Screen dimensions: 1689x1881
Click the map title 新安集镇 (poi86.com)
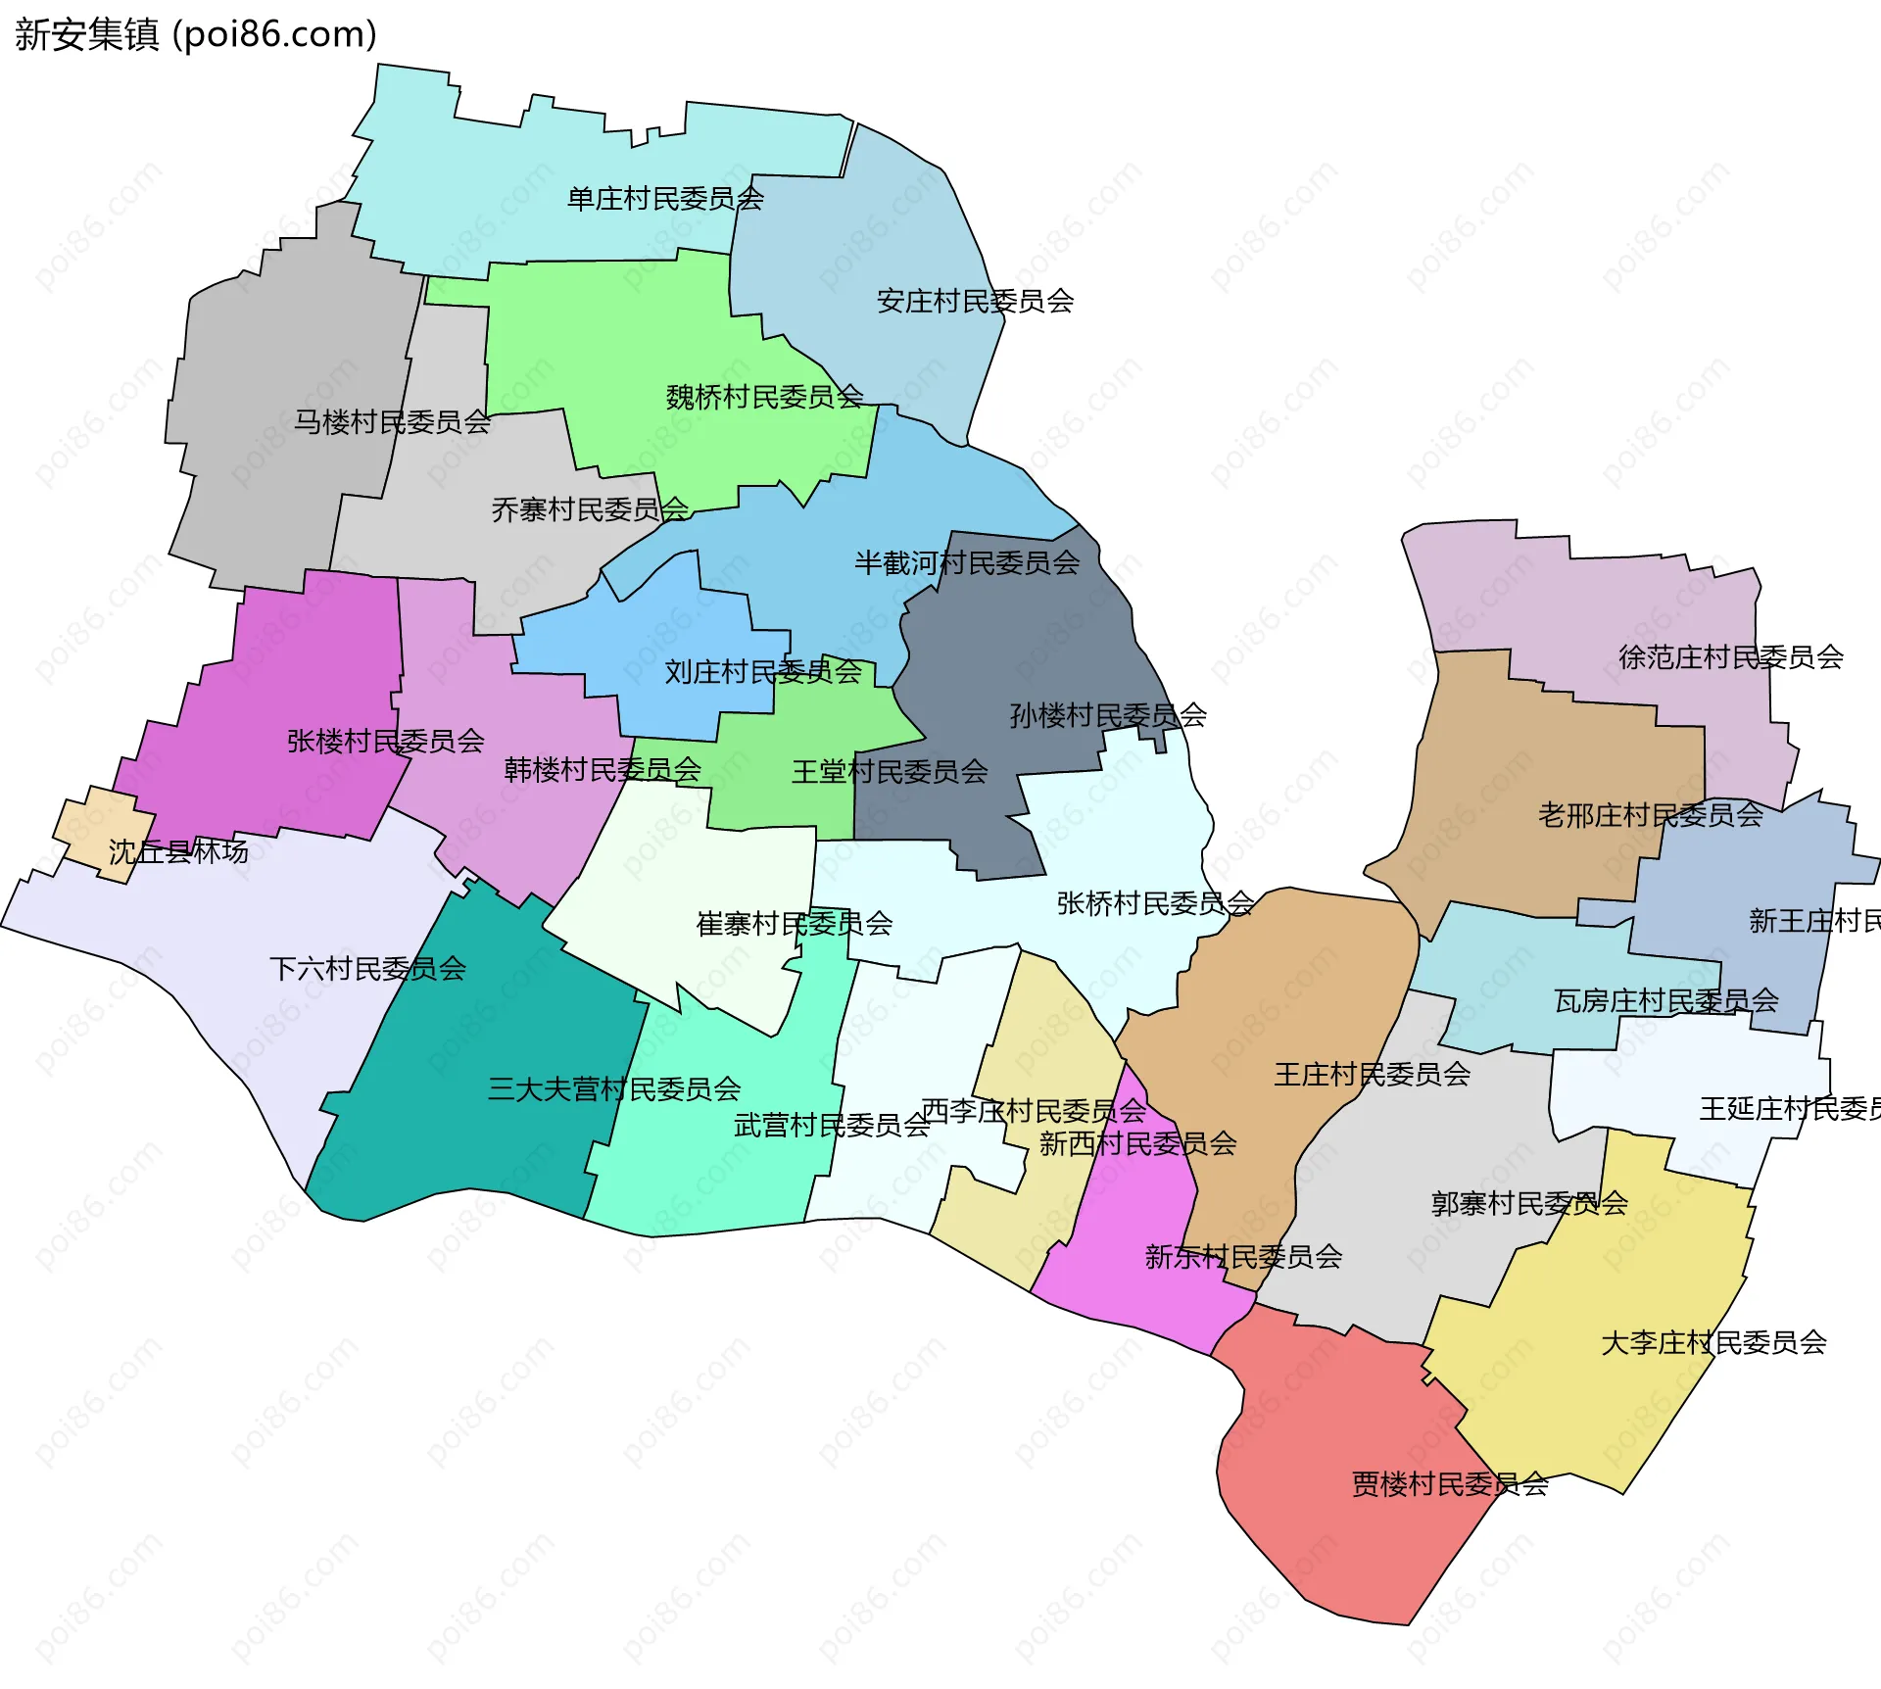coord(196,34)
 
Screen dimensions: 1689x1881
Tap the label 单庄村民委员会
coord(665,199)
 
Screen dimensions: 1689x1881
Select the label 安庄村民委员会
coord(975,301)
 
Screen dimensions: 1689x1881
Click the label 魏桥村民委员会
coord(764,397)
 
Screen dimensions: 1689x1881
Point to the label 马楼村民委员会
coord(392,422)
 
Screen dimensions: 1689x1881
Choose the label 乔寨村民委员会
coord(590,509)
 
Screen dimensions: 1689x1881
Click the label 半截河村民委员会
coord(967,562)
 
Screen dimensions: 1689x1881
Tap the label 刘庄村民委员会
coord(763,671)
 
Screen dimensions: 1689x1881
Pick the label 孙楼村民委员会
coord(1108,715)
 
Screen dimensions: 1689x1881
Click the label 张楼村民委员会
coord(385,741)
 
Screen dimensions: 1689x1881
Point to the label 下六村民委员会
coord(367,969)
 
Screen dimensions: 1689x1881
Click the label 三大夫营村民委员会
coord(614,1088)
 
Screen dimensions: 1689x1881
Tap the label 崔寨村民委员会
coord(794,923)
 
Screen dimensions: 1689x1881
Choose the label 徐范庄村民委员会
coord(1730,656)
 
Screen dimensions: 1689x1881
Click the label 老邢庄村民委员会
coord(1650,814)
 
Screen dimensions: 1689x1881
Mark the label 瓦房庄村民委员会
coord(1665,1000)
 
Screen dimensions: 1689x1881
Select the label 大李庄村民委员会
coord(1713,1342)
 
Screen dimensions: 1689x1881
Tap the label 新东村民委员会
coord(1243,1256)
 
